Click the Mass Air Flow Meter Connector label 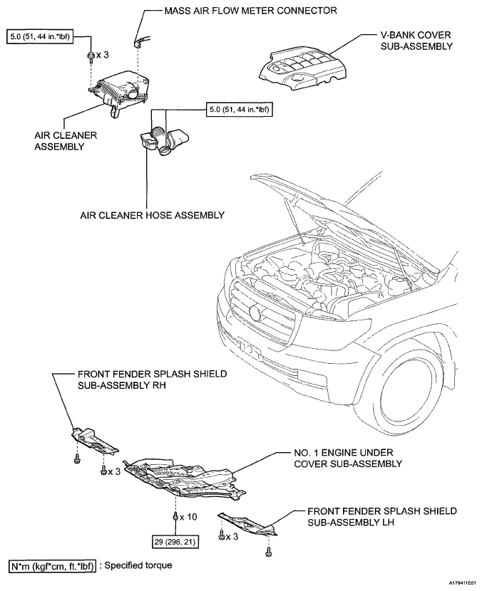coord(250,10)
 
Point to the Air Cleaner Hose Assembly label coord(152,215)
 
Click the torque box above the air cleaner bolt coord(40,36)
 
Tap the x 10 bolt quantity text coord(188,517)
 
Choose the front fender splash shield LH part coord(247,524)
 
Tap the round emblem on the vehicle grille coord(255,312)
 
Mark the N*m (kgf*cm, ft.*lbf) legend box coord(52,566)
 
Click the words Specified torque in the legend coord(138,565)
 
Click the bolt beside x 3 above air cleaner coord(91,56)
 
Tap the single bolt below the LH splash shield coord(268,552)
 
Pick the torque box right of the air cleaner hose coord(240,110)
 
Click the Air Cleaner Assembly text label coord(66,141)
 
